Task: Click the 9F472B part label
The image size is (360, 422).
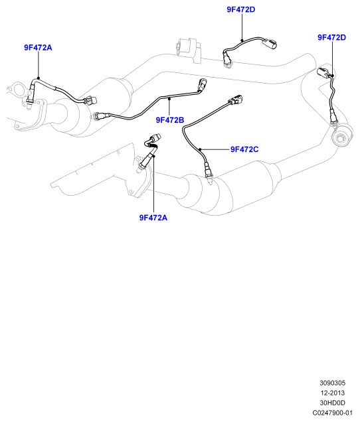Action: (170, 120)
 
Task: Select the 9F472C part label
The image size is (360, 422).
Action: (244, 149)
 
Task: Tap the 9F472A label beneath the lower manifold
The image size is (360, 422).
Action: (153, 218)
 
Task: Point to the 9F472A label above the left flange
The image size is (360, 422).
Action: (38, 48)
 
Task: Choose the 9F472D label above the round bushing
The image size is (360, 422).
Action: (331, 37)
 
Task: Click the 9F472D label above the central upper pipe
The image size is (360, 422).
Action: (241, 9)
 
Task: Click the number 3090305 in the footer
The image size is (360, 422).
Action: (333, 383)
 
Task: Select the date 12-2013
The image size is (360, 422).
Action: (333, 393)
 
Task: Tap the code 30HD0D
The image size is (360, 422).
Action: (333, 403)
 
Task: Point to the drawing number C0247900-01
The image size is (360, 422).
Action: (333, 413)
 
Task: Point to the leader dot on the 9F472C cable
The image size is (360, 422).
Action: (200, 149)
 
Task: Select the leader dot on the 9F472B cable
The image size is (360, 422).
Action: (169, 99)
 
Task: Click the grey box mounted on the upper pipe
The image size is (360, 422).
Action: (189, 50)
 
